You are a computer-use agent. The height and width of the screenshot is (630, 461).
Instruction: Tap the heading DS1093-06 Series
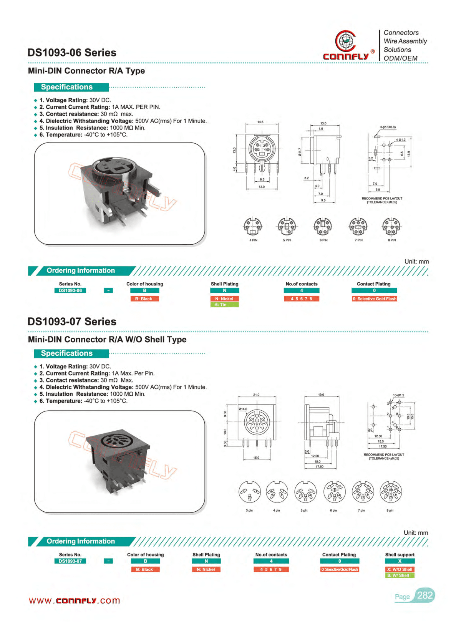click(x=72, y=53)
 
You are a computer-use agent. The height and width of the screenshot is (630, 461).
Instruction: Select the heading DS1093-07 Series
click(x=72, y=322)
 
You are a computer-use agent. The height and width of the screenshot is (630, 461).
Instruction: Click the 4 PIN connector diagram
click(x=253, y=227)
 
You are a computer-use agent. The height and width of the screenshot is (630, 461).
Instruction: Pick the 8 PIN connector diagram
click(x=391, y=227)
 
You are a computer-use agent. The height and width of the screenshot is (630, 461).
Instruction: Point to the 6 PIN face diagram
click(x=323, y=227)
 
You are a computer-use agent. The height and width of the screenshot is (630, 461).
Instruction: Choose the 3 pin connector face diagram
click(x=249, y=492)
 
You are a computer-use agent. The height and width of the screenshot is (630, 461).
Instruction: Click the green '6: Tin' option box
click(x=224, y=305)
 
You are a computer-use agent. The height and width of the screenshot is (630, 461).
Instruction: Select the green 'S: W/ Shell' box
click(x=400, y=575)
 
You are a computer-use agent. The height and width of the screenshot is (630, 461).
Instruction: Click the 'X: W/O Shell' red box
click(x=400, y=569)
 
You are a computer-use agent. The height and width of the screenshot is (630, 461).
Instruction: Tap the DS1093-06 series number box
click(x=70, y=291)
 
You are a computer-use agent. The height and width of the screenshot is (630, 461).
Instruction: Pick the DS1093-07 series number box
click(x=70, y=561)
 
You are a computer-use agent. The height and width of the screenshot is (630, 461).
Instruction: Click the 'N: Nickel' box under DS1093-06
click(x=224, y=298)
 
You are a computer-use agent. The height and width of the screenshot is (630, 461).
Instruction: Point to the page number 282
click(x=425, y=595)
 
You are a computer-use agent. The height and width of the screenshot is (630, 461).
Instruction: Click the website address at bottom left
click(x=75, y=601)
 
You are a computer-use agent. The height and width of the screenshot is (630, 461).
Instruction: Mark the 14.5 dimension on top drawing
click(x=260, y=122)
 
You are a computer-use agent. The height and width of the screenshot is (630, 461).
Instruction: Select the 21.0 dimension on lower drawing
click(x=256, y=395)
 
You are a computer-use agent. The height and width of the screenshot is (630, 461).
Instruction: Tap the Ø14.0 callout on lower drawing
click(x=243, y=409)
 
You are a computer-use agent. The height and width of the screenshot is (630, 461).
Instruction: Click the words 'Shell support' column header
click(x=400, y=555)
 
